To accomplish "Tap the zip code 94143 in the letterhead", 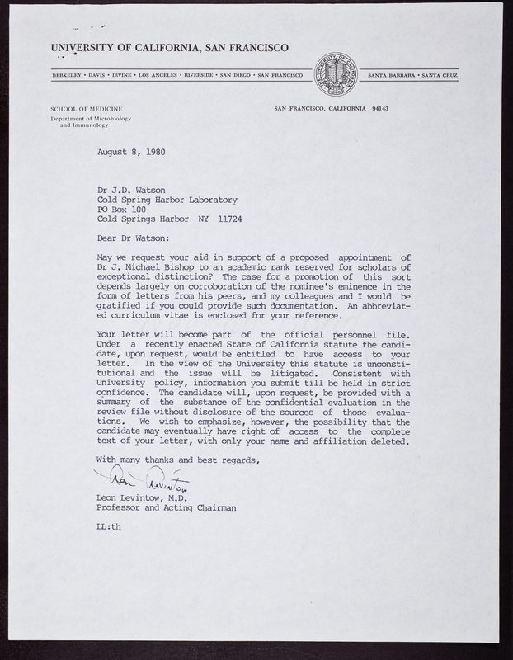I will coord(387,109).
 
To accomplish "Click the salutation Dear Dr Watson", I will coord(132,239).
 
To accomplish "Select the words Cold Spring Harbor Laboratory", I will coord(167,199).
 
